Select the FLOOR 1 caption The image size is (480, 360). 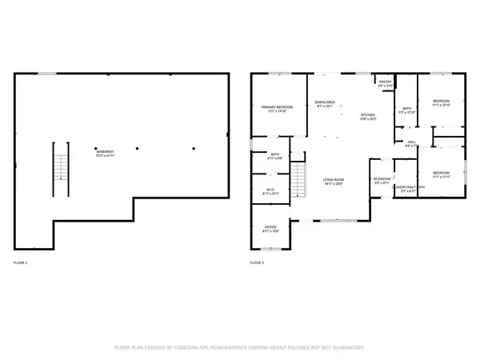point(21,263)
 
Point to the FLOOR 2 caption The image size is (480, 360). point(257,263)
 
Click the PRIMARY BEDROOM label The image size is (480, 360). point(277,108)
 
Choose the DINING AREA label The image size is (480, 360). point(325,102)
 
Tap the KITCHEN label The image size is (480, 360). point(367,115)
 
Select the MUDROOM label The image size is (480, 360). point(382,179)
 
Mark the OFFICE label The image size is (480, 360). point(271,228)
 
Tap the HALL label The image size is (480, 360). point(410,143)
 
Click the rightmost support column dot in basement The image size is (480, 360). point(194,148)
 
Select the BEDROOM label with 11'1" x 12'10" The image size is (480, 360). point(442,102)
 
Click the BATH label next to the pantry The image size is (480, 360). point(406,110)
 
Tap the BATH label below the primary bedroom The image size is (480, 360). point(274,155)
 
